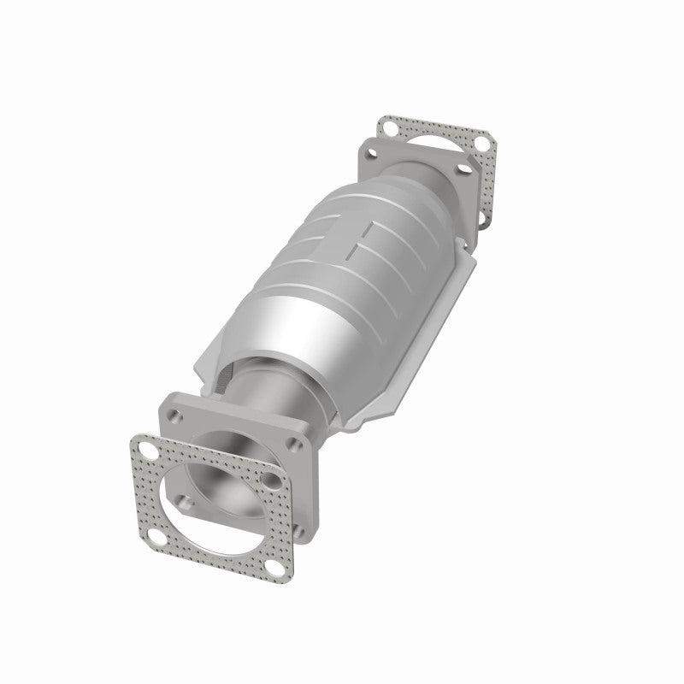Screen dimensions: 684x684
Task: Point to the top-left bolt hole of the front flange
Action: [175, 416]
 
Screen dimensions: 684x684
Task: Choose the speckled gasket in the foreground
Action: [214, 547]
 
